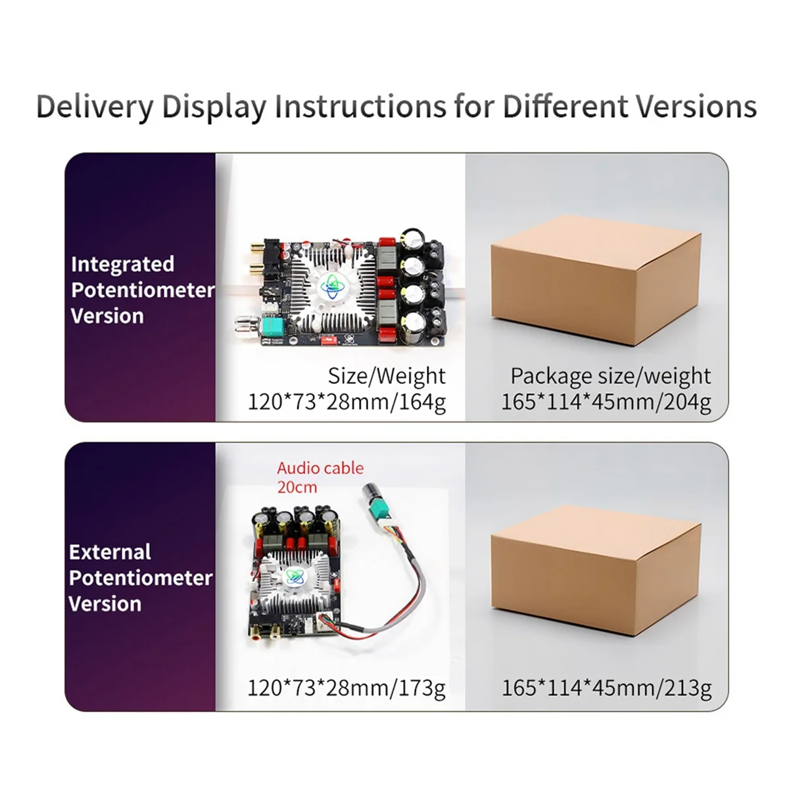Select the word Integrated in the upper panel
tap(122, 264)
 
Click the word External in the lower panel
tap(110, 552)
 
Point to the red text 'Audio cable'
tap(320, 468)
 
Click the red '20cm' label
tap(297, 487)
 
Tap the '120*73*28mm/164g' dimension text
tap(347, 402)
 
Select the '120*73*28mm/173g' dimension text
tap(347, 688)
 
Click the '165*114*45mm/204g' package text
tap(606, 402)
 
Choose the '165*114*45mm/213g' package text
tap(606, 688)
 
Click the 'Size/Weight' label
tap(387, 376)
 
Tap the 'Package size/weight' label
tap(610, 376)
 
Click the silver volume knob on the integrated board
tap(245, 324)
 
